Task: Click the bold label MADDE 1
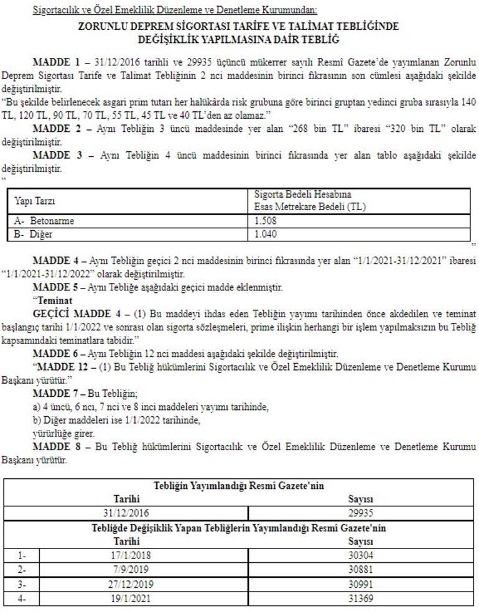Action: click(x=55, y=63)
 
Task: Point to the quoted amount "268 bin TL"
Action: click(x=321, y=129)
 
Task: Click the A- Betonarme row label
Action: click(x=40, y=221)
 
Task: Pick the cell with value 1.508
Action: click(x=266, y=221)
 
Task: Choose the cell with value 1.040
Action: click(x=266, y=234)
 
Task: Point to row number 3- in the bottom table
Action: click(x=23, y=584)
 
